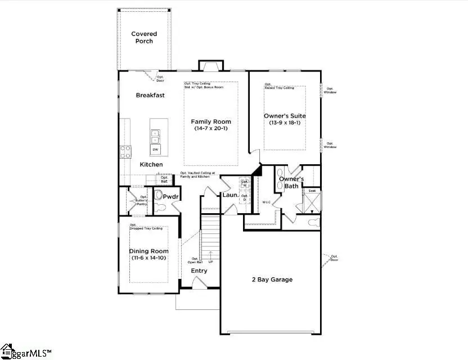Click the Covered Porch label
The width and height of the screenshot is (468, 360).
(x=144, y=37)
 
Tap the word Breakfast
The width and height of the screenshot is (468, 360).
(x=150, y=95)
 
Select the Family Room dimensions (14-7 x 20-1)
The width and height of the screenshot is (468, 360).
(x=210, y=129)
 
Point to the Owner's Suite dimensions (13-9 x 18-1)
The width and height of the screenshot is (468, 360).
(x=285, y=123)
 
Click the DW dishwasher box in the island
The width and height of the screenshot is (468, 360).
(x=155, y=149)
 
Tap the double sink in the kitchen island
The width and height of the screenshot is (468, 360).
(x=155, y=136)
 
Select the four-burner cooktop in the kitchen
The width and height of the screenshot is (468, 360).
(x=126, y=152)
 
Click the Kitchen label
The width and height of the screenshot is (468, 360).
(x=151, y=164)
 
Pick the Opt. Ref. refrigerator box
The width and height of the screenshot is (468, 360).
(x=164, y=179)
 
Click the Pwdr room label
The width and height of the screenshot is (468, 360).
(x=170, y=197)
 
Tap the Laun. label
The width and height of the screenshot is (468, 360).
(x=231, y=195)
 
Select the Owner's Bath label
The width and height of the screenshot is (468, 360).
(x=291, y=182)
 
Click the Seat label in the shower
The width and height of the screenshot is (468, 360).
(x=312, y=191)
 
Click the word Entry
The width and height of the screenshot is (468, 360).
(x=199, y=271)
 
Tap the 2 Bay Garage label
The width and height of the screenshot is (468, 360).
(x=271, y=279)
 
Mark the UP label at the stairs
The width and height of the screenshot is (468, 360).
(x=211, y=262)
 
